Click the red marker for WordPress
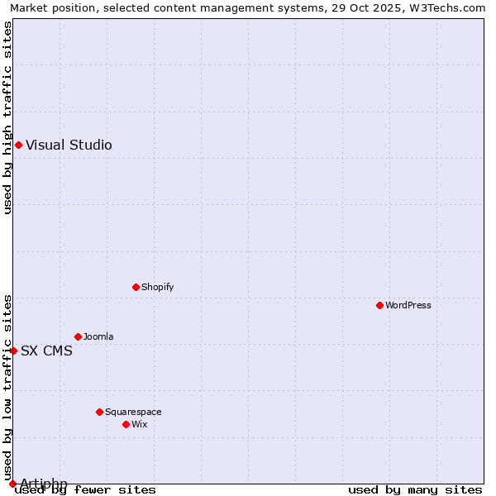click(379, 305)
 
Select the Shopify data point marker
click(136, 287)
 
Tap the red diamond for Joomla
click(78, 336)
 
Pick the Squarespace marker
click(99, 412)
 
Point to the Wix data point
click(126, 424)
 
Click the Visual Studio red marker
click(18, 145)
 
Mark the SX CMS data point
click(13, 351)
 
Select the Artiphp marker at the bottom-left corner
click(12, 484)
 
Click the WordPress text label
click(408, 305)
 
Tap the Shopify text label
click(157, 287)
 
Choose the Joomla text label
click(98, 336)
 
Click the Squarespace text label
click(133, 412)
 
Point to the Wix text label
click(139, 424)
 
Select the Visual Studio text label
click(69, 145)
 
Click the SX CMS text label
click(46, 351)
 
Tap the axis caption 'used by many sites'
click(415, 490)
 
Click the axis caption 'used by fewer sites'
click(86, 490)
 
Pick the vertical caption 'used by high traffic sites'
click(7, 117)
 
